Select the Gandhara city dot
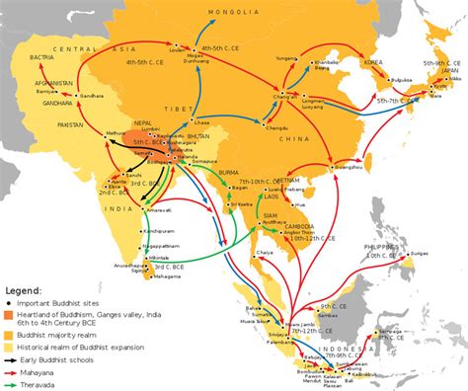point(74,95)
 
